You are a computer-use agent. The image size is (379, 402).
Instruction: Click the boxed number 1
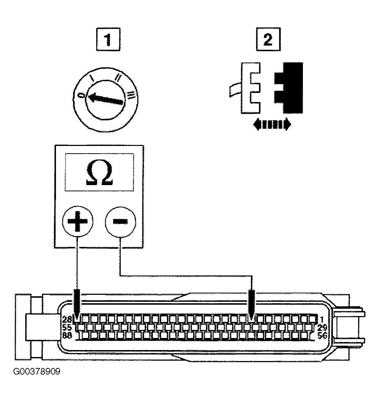coord(108,40)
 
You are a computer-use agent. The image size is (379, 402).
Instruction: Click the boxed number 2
coord(268,40)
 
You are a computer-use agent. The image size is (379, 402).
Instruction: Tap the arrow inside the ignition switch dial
coord(105,99)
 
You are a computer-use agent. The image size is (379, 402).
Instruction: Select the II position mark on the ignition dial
coord(119,77)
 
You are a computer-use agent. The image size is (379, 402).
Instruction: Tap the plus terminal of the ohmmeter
coord(78,221)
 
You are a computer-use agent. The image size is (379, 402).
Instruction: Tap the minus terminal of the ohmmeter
coord(120,221)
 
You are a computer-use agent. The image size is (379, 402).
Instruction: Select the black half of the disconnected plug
coord(289,88)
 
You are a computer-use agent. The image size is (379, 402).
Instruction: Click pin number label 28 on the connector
coord(67,319)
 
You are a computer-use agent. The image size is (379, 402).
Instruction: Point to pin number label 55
coord(67,327)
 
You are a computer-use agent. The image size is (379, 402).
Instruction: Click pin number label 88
coord(67,335)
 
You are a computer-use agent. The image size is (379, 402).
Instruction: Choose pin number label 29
coord(322,327)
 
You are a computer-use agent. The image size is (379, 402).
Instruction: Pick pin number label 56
coord(322,335)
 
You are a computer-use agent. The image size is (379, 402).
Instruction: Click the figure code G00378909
coord(37,372)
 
